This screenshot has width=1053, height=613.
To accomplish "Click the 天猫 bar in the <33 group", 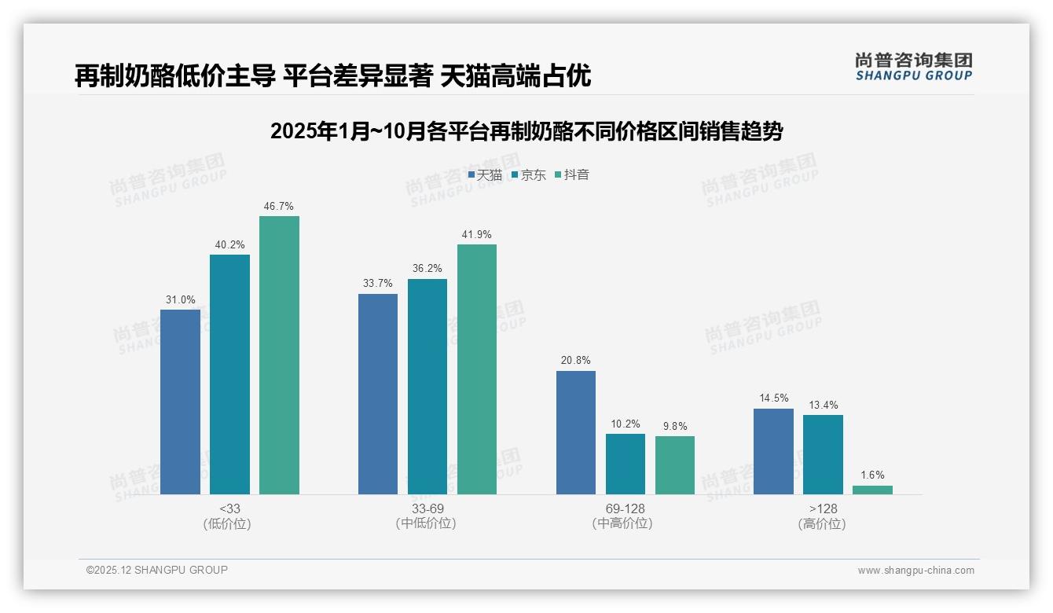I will (x=180, y=402).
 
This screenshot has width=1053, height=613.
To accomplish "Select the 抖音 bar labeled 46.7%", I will (x=279, y=355).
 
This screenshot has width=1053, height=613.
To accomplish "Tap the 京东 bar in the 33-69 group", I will (x=427, y=387).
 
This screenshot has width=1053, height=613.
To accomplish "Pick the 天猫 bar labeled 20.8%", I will (x=575, y=432).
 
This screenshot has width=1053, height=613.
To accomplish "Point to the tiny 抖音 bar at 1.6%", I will (x=872, y=490).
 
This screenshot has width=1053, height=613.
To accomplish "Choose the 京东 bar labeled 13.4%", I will (x=823, y=454).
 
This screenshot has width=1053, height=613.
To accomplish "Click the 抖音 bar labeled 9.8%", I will (x=674, y=465).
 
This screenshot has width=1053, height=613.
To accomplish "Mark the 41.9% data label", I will (x=477, y=235).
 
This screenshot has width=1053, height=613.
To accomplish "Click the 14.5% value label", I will (x=773, y=398).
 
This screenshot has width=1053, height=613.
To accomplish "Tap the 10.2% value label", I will (x=626, y=424).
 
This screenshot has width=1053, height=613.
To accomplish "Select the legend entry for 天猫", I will (x=485, y=175).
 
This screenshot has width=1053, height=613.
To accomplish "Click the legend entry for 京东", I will (x=528, y=175).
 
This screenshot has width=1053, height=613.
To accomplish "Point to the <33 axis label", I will (x=229, y=508).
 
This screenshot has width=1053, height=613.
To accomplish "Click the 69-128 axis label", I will (x=625, y=508).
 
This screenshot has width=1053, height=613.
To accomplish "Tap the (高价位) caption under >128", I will (x=822, y=524).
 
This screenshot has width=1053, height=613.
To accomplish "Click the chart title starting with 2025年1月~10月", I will (x=526, y=131).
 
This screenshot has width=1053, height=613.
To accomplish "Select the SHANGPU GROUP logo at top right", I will (x=913, y=67).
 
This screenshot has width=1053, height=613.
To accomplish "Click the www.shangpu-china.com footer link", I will (x=915, y=571).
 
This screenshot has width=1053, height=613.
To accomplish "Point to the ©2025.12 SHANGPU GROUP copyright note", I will (x=157, y=570).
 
